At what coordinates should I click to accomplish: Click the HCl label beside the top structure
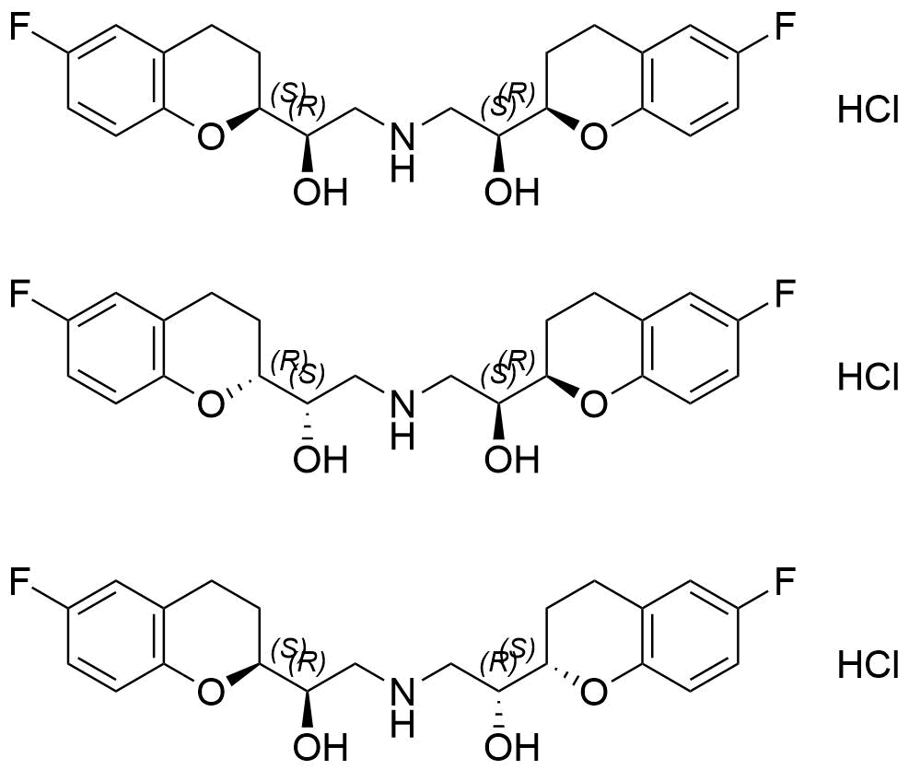[x=868, y=109]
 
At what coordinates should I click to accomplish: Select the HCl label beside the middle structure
[x=868, y=376]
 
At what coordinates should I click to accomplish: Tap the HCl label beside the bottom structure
[x=868, y=664]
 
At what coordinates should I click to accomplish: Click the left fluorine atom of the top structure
[x=19, y=26]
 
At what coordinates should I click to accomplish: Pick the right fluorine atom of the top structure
[x=785, y=26]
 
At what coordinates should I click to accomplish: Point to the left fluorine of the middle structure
[x=19, y=294]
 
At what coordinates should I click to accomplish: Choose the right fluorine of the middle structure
[x=785, y=294]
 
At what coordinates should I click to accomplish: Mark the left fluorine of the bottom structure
[x=19, y=581]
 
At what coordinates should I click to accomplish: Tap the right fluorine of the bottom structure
[x=785, y=581]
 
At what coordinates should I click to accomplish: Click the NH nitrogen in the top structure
[x=402, y=138]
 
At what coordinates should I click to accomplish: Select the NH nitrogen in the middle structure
[x=402, y=404]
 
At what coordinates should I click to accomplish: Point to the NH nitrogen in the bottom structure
[x=402, y=693]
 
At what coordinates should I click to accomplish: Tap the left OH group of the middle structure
[x=320, y=460]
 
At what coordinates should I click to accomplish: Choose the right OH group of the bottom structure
[x=512, y=748]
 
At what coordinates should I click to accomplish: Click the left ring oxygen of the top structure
[x=210, y=137]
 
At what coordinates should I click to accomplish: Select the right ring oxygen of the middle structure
[x=594, y=404]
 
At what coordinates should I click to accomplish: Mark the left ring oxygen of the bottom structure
[x=210, y=693]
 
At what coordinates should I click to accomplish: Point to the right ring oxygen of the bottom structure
[x=594, y=693]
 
